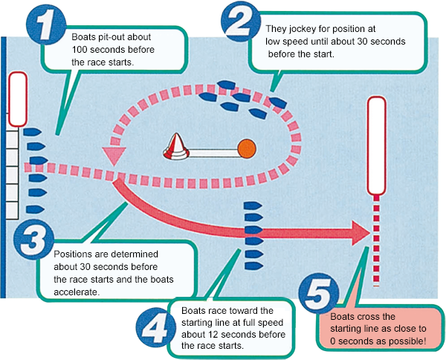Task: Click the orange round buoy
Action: coord(247,148)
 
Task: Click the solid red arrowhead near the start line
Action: coord(360,231)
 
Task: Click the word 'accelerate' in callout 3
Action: coord(78,292)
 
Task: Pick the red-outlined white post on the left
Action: coord(16,100)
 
